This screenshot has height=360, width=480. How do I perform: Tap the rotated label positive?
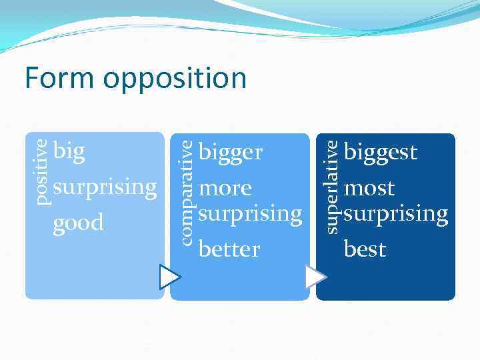click(x=41, y=171)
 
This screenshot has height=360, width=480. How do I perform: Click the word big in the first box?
click(x=69, y=152)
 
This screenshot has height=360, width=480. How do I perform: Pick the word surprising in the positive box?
click(x=105, y=188)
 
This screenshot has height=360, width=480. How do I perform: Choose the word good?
click(x=78, y=222)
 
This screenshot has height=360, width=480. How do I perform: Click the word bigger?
click(x=231, y=154)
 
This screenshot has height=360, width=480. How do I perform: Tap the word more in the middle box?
click(x=225, y=188)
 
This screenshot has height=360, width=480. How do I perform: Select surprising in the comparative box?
click(x=250, y=215)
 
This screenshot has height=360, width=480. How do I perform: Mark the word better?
click(x=229, y=249)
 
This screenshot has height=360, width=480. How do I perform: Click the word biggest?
click(x=380, y=153)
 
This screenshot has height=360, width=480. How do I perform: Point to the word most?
click(x=369, y=188)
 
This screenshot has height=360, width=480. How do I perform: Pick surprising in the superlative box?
click(x=395, y=215)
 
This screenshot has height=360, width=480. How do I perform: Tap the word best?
click(x=365, y=249)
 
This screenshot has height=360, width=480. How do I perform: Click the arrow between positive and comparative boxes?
click(x=169, y=277)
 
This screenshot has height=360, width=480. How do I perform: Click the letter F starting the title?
click(x=32, y=78)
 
